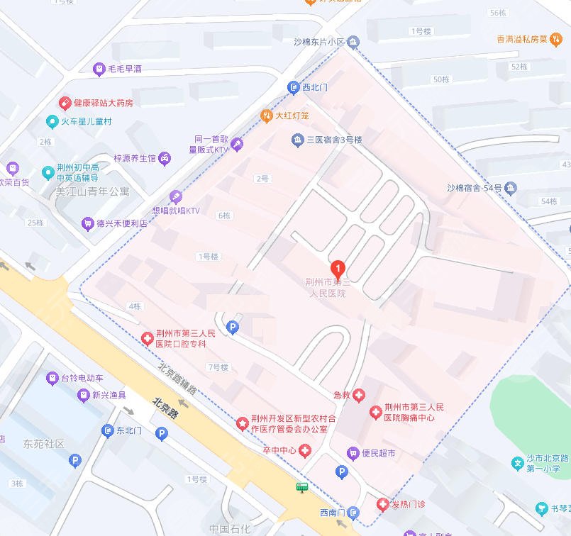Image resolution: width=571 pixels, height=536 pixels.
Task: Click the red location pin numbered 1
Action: pos(339,269)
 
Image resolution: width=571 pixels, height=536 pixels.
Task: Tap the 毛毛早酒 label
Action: pos(125,69)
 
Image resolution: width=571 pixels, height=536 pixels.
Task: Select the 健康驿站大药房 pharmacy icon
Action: pos(65,103)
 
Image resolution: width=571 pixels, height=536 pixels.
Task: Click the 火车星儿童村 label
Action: pos(86,121)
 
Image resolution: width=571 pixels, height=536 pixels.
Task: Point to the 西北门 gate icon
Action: pos(293,88)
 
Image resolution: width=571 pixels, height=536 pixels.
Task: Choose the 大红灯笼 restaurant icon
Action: pos(267,115)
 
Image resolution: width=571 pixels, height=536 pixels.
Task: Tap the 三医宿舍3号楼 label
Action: pos(334,140)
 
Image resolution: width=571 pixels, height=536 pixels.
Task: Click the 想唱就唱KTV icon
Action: pos(175,197)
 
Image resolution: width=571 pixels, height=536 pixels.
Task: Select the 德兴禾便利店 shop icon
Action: pos(87,223)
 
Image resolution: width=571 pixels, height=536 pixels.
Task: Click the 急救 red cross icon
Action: pos(360,394)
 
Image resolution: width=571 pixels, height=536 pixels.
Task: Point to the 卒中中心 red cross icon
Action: pos(305,451)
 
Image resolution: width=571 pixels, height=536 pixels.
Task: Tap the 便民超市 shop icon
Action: pos(352,453)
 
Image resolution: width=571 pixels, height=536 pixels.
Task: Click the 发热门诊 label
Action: pos(409,504)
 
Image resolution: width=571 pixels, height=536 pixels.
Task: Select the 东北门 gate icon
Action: pos(107,430)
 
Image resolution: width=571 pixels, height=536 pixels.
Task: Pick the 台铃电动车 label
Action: pos(82,378)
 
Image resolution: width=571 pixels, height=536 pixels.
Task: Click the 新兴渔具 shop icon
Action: pos(84,395)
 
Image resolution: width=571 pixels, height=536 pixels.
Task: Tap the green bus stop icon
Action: pos(303,487)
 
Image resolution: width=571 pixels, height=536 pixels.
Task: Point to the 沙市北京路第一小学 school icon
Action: pos(519,464)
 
